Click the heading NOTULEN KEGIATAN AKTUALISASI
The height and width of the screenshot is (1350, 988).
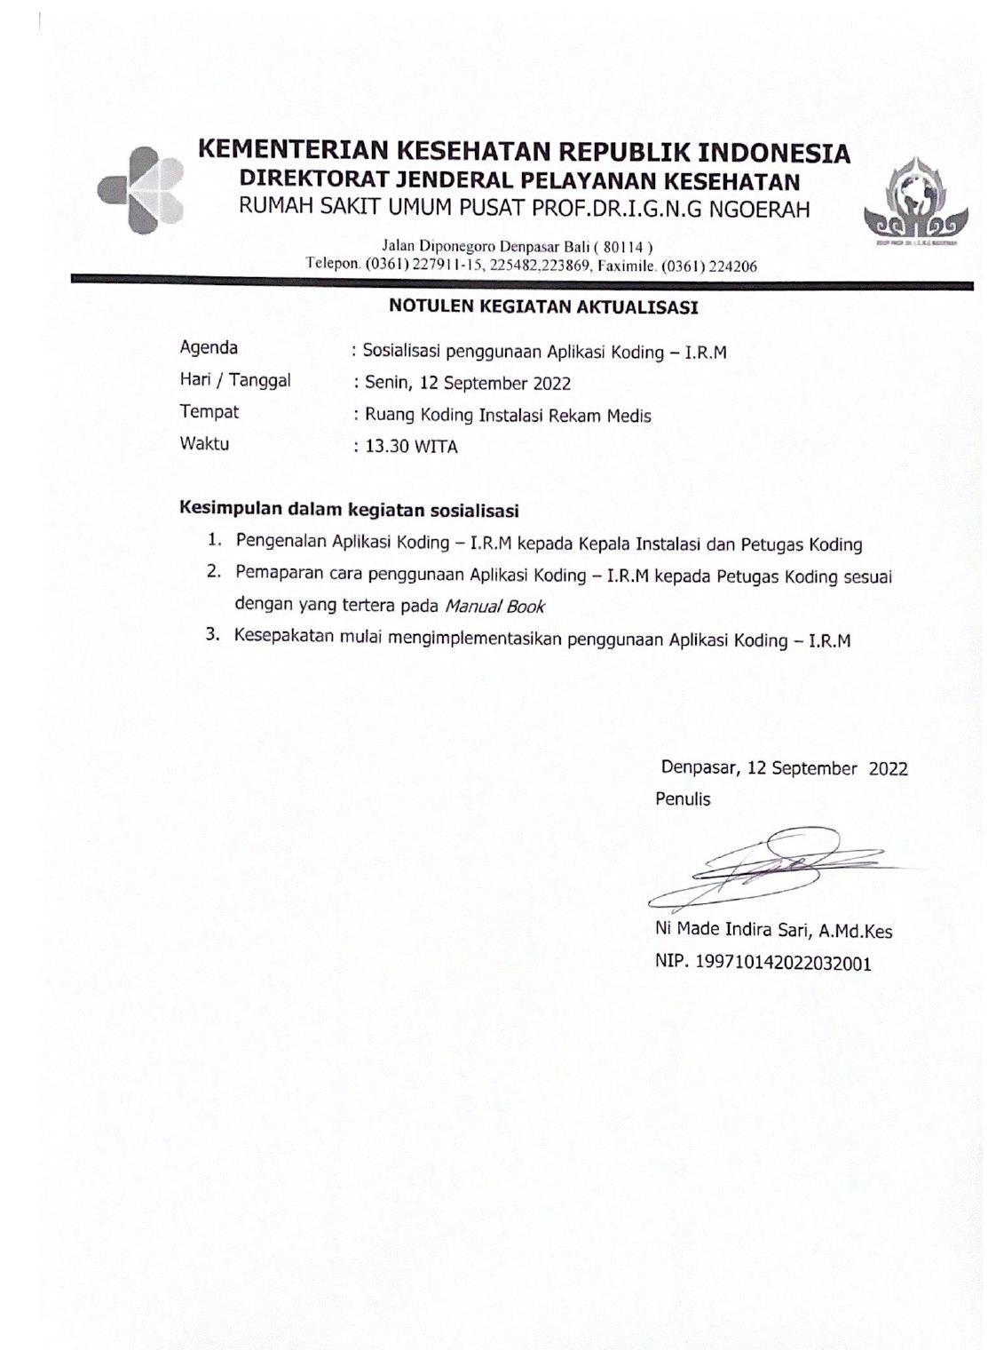pyautogui.click(x=543, y=308)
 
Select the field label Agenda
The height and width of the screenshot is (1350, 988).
pyautogui.click(x=209, y=347)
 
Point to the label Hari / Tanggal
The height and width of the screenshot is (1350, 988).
pyautogui.click(x=235, y=380)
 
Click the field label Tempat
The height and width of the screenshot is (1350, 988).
pyautogui.click(x=209, y=412)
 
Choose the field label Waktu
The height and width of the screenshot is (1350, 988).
pyautogui.click(x=204, y=443)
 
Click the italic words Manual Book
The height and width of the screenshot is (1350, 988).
pyautogui.click(x=494, y=607)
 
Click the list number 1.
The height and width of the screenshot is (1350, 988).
pyautogui.click(x=214, y=540)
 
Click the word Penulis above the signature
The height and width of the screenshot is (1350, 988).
pyautogui.click(x=683, y=799)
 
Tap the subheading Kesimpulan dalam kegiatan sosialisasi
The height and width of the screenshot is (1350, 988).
pyautogui.click(x=349, y=510)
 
